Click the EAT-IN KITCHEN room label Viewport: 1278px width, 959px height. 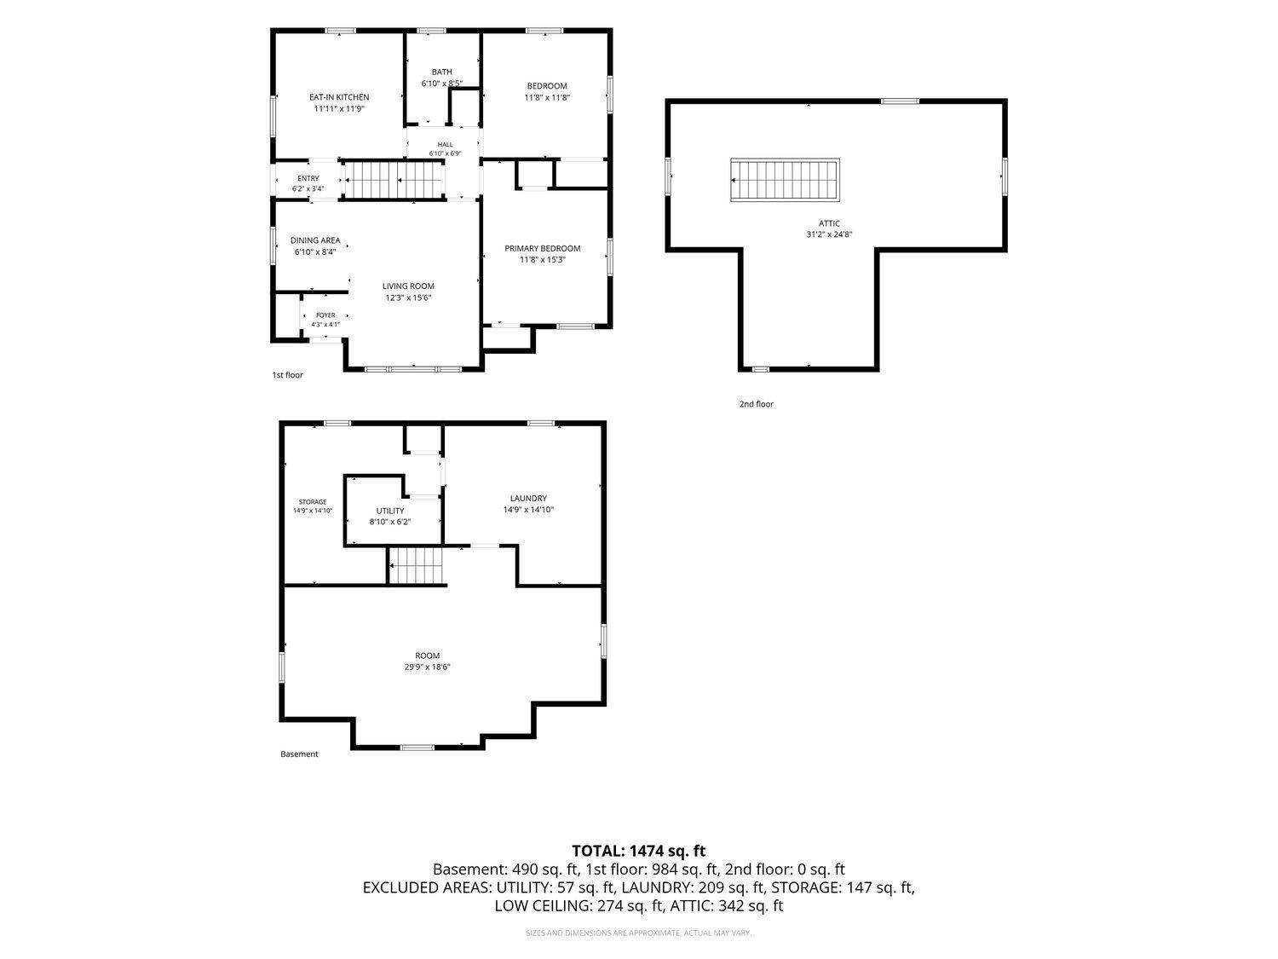point(339,97)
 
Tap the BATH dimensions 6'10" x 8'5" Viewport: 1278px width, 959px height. point(442,84)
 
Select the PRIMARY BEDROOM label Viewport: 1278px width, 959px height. point(542,249)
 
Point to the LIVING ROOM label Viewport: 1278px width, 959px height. point(408,286)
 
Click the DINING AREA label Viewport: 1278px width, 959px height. point(315,240)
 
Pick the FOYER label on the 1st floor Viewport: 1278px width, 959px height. point(325,315)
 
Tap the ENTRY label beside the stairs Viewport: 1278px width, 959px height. point(308,179)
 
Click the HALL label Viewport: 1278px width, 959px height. point(445,144)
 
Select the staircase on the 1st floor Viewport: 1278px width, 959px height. point(393,181)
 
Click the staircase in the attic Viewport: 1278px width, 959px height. point(785,181)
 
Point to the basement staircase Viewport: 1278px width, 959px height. point(417,565)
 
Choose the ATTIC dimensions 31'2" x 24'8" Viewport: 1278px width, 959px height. point(829,234)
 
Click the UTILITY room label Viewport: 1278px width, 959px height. point(390,511)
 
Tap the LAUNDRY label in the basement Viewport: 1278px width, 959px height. point(528,499)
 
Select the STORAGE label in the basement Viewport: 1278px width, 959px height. point(313,502)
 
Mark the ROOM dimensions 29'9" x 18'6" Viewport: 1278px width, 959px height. point(428,667)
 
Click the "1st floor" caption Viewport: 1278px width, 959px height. point(288,375)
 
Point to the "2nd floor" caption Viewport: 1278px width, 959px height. point(757,404)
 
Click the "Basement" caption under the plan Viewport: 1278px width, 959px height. point(299,754)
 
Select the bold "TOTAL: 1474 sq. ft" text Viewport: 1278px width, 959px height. point(639,852)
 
